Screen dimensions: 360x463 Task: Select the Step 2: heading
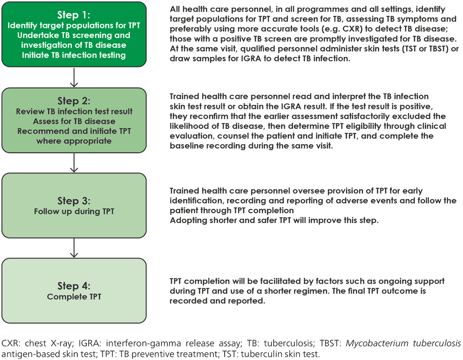tap(74, 101)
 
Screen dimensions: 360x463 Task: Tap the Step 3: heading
tap(74, 200)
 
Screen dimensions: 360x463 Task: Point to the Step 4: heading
tap(74, 286)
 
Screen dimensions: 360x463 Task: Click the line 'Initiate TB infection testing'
tap(74, 55)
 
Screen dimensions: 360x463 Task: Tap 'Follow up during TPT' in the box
tap(74, 210)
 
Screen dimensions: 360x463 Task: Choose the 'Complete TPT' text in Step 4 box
tap(74, 297)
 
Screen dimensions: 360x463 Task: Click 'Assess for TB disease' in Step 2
tap(74, 121)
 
